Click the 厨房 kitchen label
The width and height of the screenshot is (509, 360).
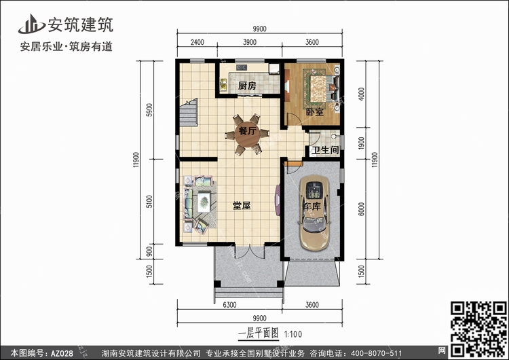click(x=247, y=86)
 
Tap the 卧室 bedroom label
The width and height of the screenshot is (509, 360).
click(x=315, y=112)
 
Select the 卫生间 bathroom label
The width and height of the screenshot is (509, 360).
click(x=325, y=150)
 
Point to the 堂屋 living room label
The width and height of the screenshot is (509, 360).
click(x=242, y=205)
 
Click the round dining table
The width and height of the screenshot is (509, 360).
click(x=247, y=134)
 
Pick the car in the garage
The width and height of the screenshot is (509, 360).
click(x=314, y=213)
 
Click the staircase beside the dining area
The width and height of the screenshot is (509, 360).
click(x=188, y=112)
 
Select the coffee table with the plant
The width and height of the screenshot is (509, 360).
click(x=204, y=202)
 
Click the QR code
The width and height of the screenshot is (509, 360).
click(x=479, y=328)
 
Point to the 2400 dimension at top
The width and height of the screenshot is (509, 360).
click(x=197, y=42)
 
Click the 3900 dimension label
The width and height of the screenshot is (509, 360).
click(x=250, y=42)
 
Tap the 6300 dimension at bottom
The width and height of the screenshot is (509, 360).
click(x=229, y=305)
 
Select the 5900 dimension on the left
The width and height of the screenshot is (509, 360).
click(x=149, y=110)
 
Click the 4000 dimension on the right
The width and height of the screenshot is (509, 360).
click(x=361, y=94)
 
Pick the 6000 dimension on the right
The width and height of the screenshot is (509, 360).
click(x=361, y=209)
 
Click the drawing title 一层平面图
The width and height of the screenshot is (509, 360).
click(x=259, y=334)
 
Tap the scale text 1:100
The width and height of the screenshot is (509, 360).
click(x=293, y=334)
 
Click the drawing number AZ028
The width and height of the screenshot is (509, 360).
click(x=62, y=353)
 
